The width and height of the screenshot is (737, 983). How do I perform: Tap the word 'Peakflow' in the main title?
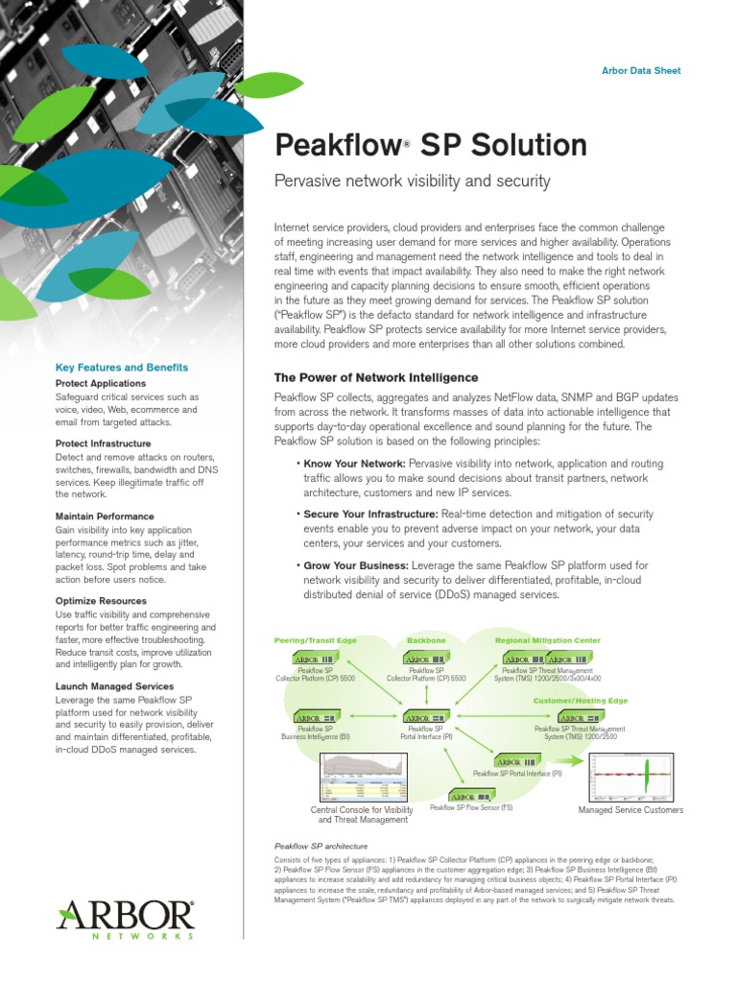point(336,146)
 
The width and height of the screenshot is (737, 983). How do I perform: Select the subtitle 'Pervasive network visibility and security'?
point(413,180)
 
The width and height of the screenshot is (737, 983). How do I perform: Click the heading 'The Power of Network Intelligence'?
point(376,378)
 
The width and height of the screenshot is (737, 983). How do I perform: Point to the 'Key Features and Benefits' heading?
point(122,368)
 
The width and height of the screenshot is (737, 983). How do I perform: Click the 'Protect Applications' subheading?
point(101,383)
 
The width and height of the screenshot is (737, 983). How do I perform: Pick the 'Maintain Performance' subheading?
point(105,516)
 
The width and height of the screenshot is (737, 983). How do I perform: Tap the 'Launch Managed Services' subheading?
point(114,686)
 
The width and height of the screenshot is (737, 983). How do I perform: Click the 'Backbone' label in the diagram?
point(426,639)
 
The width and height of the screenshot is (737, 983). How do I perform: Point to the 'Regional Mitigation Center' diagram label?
point(547,639)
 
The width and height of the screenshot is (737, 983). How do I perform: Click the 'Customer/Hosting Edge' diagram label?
point(581,701)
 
